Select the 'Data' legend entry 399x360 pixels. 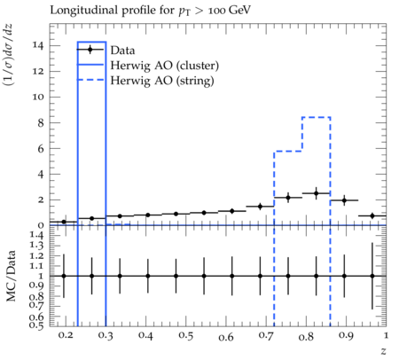tap(122, 51)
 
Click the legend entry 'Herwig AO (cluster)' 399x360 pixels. tap(165, 66)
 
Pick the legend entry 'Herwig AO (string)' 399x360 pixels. tap(162, 81)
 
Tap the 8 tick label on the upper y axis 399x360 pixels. tap(41, 123)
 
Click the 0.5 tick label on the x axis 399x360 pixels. tap(185, 336)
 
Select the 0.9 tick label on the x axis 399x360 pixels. tap(346, 336)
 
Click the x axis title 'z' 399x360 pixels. tap(383, 351)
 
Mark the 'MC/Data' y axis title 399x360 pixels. tap(11, 276)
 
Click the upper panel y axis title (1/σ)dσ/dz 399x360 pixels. tap(8, 55)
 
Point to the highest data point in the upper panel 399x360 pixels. tap(316, 193)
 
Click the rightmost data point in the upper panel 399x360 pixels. tap(372, 215)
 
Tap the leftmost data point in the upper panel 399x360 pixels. tap(64, 222)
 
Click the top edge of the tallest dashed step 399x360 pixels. tap(316, 117)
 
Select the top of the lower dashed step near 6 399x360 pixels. tap(288, 152)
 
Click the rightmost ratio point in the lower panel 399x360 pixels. tap(372, 276)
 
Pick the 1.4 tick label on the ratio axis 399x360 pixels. tap(37, 236)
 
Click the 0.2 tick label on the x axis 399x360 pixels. tap(66, 335)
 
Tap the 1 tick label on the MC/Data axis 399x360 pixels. tap(41, 276)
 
